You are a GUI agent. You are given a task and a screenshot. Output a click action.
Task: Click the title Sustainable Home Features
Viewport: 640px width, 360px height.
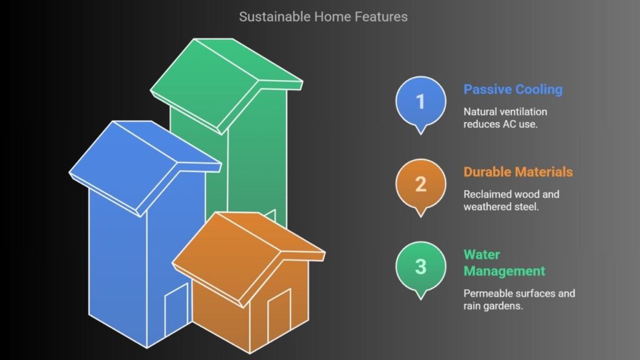[323, 17]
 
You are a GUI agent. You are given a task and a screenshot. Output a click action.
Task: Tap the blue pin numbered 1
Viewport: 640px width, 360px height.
[421, 104]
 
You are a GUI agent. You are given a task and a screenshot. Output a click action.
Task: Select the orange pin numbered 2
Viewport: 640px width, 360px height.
[421, 187]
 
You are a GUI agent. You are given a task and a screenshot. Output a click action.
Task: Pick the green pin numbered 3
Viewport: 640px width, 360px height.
[421, 270]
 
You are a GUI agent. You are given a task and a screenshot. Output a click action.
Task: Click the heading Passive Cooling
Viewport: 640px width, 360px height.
[513, 89]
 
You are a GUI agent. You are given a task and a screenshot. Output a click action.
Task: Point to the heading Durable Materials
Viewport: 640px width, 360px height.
[518, 172]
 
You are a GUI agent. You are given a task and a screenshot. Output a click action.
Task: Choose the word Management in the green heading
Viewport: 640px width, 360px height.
[504, 271]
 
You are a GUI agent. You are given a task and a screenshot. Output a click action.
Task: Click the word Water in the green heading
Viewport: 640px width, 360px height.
[482, 255]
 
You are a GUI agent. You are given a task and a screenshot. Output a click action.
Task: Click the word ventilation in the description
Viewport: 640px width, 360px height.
[523, 112]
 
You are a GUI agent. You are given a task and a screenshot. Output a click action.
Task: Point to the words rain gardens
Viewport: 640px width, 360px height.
[493, 306]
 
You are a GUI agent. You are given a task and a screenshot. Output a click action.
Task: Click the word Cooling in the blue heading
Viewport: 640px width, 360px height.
[538, 89]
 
